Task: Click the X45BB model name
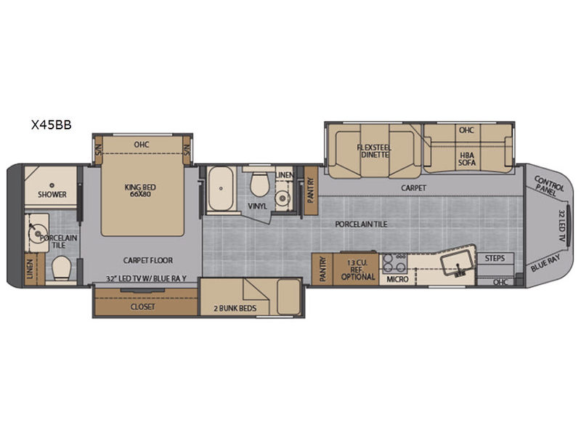point(51,125)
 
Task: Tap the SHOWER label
point(52,194)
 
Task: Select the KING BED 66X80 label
point(140,190)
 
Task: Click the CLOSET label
point(142,307)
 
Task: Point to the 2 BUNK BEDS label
point(235,308)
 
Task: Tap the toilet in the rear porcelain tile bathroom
point(61,268)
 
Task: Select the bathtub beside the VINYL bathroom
point(221,188)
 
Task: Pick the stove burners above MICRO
point(395,263)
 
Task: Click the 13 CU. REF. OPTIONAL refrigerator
point(357,269)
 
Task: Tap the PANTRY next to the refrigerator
point(322,269)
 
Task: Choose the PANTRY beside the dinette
point(311,190)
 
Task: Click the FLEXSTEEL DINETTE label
point(374,151)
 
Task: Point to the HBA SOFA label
point(467,158)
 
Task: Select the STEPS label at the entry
point(495,258)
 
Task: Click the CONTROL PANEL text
point(548,186)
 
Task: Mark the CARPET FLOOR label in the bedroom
point(148,260)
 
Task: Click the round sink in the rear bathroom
point(38,233)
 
